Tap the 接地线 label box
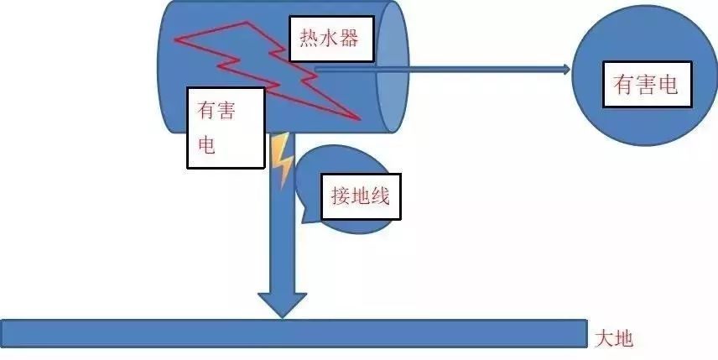[361, 199]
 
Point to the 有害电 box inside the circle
[646, 85]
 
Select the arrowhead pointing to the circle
[562, 69]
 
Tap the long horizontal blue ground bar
[294, 333]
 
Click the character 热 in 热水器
[310, 39]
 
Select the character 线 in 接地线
[382, 199]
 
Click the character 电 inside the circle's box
[668, 85]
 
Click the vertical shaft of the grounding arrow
[282, 235]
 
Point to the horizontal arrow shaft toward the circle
[436, 69]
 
